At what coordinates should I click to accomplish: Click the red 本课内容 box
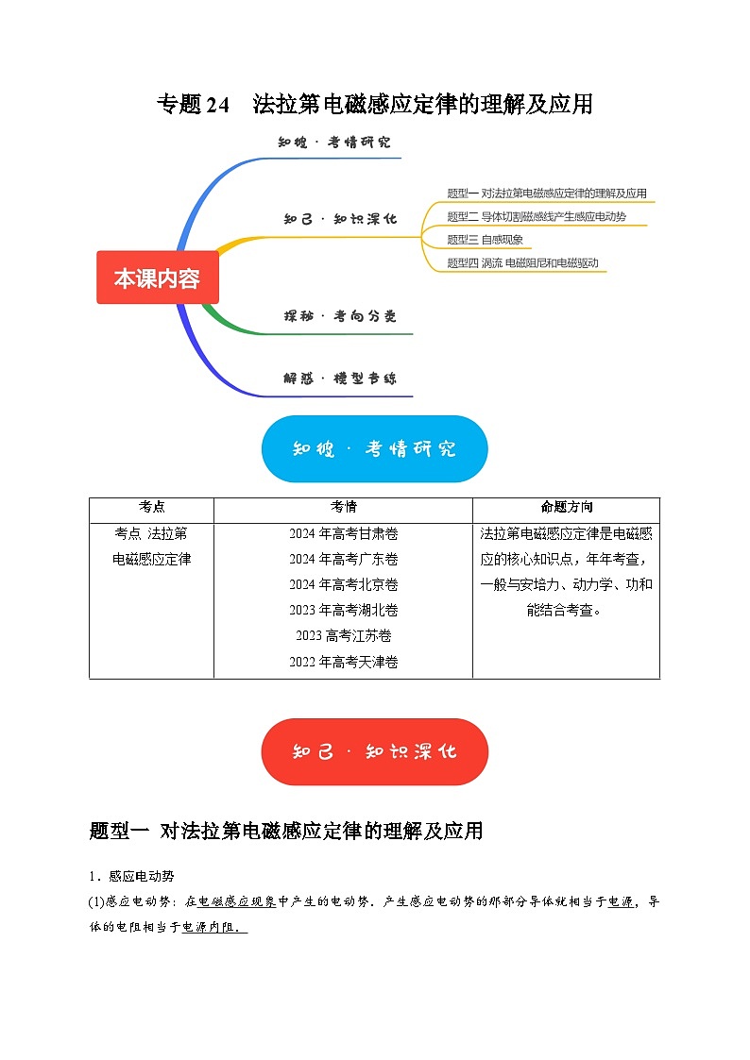(157, 278)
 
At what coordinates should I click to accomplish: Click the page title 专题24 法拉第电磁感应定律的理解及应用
(374, 104)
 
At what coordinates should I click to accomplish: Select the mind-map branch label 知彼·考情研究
(334, 143)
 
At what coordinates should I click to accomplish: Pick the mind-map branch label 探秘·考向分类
(340, 315)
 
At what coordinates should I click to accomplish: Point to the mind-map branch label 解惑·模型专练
(340, 379)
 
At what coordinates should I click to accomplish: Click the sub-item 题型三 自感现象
(485, 240)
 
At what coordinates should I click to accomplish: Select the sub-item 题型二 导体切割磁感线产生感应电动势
(536, 217)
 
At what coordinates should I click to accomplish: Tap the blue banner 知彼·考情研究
(374, 449)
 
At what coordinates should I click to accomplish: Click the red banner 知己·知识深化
(374, 751)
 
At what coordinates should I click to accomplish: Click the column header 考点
(151, 508)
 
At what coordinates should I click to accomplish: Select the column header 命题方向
(566, 508)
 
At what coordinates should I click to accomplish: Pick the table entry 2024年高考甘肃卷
(344, 533)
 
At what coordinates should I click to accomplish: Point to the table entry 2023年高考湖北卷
(344, 610)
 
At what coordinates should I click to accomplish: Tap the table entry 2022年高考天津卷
(344, 662)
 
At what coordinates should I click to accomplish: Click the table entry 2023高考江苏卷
(344, 635)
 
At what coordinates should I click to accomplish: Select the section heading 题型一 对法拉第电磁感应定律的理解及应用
(285, 831)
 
